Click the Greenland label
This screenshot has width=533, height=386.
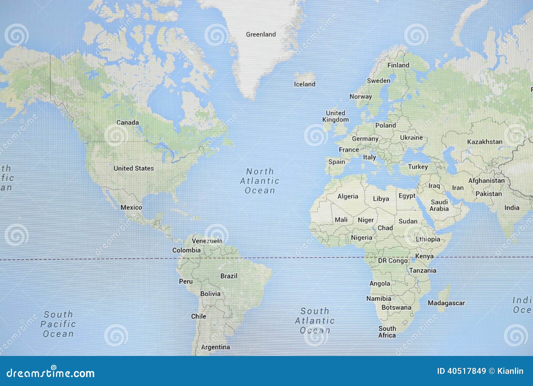261,34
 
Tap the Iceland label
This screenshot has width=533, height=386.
304,84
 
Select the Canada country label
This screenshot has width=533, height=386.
128,122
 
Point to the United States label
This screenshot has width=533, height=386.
134,168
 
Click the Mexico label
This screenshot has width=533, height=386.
131,208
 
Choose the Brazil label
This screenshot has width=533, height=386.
229,276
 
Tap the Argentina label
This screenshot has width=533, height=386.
216,347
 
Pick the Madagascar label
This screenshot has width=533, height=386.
446,303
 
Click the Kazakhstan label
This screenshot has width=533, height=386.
484,142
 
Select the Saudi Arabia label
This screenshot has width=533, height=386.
439,205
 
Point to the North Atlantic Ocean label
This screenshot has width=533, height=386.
260,181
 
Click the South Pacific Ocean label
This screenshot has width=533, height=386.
58,324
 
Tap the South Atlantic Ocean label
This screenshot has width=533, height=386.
315,321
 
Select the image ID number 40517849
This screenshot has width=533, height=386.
461,371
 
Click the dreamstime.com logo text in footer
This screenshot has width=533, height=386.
51,373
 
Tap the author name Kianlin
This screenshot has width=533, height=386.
510,371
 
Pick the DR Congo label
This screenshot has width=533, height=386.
393,261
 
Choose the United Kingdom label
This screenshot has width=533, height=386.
335,116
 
